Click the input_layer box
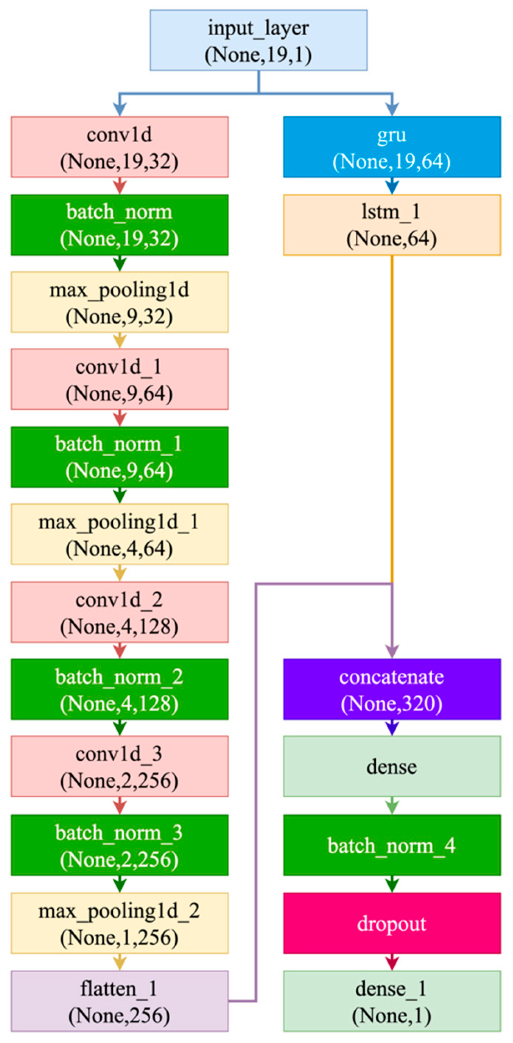259,40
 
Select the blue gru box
392,147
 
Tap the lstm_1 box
392,225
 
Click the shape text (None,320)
392,703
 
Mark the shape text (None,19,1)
259,55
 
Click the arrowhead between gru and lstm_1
392,188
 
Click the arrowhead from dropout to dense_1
392,963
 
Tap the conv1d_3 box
119,766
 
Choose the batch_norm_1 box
119,457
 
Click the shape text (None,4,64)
119,549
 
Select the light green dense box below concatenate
392,766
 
